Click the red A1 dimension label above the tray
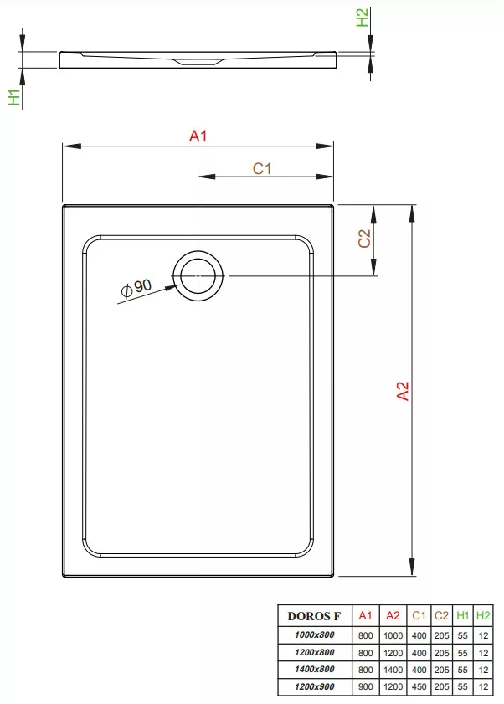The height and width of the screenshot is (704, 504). coord(198,136)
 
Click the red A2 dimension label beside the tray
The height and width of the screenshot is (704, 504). coord(403,391)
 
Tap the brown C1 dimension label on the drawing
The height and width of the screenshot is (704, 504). coord(262,169)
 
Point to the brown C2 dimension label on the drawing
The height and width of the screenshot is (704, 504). coord(364,239)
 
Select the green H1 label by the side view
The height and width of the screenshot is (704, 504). coord(14,97)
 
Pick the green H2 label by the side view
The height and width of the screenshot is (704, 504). coord(362,18)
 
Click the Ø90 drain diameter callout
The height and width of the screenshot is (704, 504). coord(136,287)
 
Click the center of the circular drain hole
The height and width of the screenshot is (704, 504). coord(198,276)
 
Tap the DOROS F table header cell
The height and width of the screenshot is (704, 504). coord(314,616)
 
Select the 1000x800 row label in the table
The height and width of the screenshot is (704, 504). coord(315,635)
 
